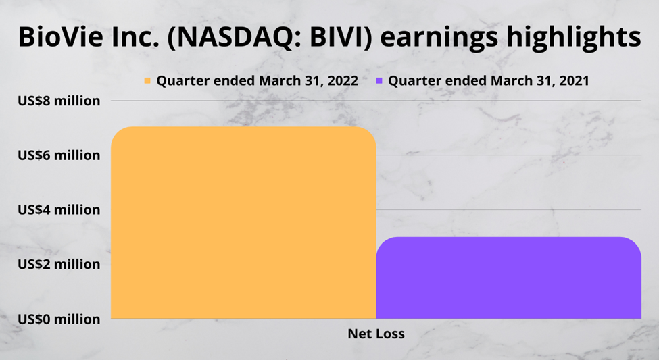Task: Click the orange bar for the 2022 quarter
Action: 243,223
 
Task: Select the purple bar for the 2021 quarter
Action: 508,278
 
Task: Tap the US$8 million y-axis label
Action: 59,101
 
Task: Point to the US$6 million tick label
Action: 59,155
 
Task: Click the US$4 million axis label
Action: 59,209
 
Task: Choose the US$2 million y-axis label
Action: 59,264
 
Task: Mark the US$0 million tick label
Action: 59,319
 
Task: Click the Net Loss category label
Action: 376,334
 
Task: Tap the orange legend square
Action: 147,80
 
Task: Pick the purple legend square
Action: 379,80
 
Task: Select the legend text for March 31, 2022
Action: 258,80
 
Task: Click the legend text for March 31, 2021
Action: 489,80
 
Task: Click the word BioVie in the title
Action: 61,36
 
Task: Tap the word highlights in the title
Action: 574,38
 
